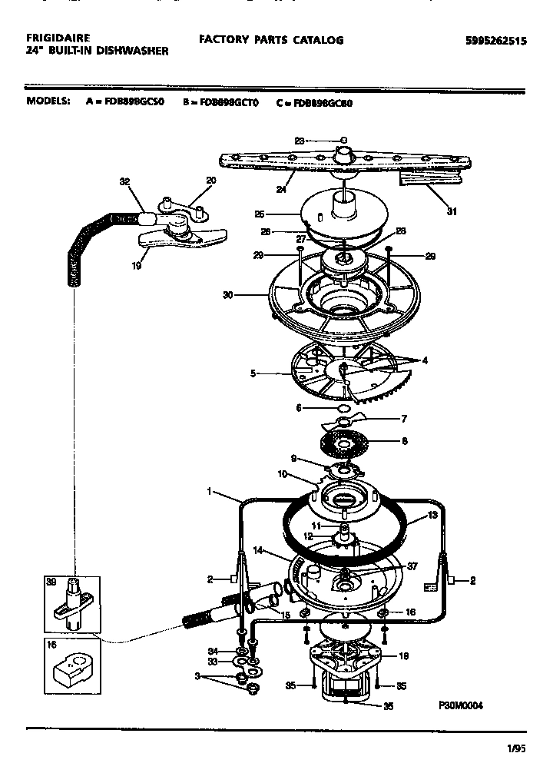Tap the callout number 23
pos(300,141)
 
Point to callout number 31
pos(452,211)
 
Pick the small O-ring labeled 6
pos(344,408)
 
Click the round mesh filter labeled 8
pos(344,443)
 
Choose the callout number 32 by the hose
pos(124,182)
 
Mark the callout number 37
pos(412,566)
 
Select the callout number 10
pos(282,474)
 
